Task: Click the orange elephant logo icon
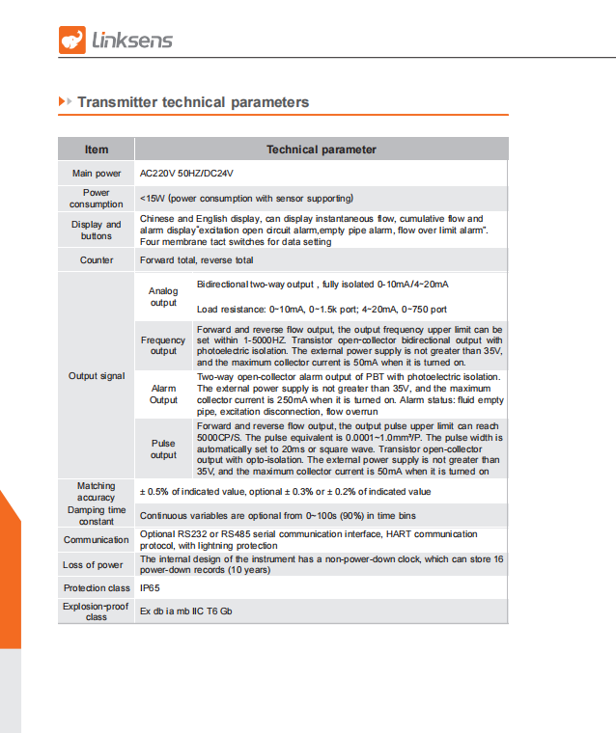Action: [x=72, y=39]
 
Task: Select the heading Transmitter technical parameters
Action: [x=193, y=102]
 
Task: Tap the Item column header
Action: [x=97, y=149]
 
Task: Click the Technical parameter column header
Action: [x=321, y=149]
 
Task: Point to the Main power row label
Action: [x=97, y=174]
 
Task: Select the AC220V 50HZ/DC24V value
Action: [x=186, y=174]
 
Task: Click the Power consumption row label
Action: [x=97, y=199]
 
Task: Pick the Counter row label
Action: [x=97, y=260]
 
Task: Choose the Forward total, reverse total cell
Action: [x=197, y=260]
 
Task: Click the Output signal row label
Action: [x=97, y=375]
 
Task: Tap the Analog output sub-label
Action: [x=163, y=297]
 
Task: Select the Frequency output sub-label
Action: [x=163, y=346]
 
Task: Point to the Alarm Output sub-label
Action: [x=163, y=394]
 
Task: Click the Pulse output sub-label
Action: [x=163, y=448]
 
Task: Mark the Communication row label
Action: [x=97, y=540]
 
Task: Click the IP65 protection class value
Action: [x=150, y=587]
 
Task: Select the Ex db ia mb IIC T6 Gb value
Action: [x=186, y=611]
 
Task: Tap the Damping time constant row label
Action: [x=97, y=515]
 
